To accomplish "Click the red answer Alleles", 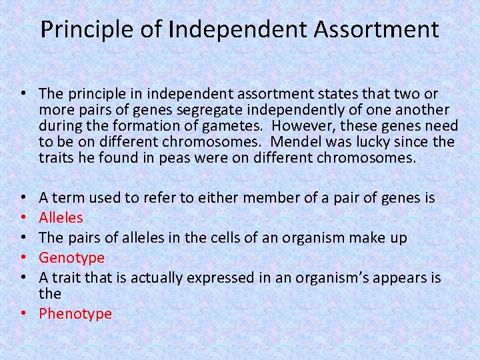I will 61,217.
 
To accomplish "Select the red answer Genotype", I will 71,257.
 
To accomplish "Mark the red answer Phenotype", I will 75,313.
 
